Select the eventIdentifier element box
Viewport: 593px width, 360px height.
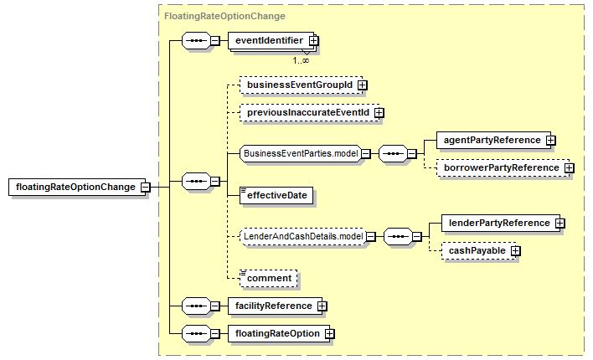click(271, 40)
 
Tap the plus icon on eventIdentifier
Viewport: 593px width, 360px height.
click(313, 40)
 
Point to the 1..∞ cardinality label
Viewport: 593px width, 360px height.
click(301, 60)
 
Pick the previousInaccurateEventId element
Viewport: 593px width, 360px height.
click(309, 113)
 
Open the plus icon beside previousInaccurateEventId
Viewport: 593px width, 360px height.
click(379, 113)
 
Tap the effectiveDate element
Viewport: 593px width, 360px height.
click(276, 196)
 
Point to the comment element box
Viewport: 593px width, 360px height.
click(269, 278)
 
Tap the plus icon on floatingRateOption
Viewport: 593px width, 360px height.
click(329, 333)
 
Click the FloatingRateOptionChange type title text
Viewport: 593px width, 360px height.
click(224, 16)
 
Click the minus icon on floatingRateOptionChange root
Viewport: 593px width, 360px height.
click(145, 188)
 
